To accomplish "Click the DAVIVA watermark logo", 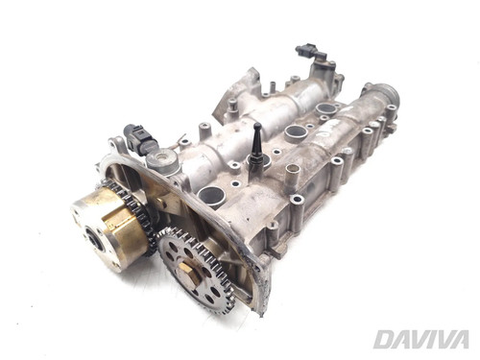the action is pyautogui.click(x=421, y=340).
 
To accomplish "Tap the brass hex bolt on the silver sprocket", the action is pyautogui.click(x=187, y=270).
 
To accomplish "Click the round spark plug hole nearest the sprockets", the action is pyautogui.click(x=211, y=196).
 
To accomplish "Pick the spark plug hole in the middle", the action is pyautogui.click(x=296, y=132).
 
